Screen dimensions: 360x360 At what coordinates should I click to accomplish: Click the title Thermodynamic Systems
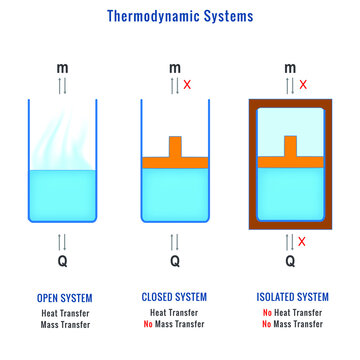click(x=180, y=17)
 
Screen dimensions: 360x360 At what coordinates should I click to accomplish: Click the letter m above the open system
click(x=63, y=69)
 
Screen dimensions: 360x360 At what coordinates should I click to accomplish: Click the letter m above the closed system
click(x=175, y=69)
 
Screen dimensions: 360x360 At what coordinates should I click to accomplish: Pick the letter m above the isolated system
click(x=290, y=69)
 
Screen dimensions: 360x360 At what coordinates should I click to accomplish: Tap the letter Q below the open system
click(x=63, y=262)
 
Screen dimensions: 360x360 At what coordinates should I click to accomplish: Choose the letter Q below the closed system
click(x=175, y=262)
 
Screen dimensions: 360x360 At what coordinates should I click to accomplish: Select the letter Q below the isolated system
click(x=290, y=262)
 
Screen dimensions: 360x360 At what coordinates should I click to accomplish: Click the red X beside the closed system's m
click(x=190, y=87)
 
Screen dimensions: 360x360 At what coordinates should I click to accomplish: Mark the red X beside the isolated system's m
click(x=304, y=87)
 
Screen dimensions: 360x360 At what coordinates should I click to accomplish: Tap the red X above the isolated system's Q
click(x=303, y=241)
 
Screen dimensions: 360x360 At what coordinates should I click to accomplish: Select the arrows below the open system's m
click(x=63, y=88)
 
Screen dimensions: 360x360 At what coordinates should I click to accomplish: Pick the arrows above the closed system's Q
click(x=175, y=241)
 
